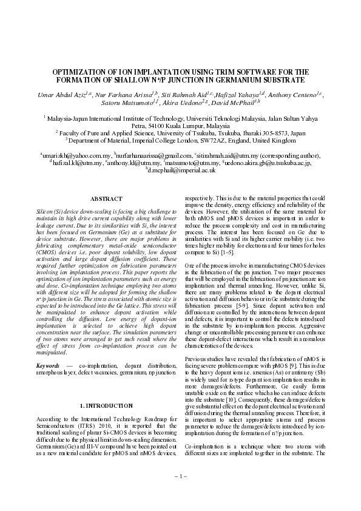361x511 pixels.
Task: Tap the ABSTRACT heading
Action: [106, 199]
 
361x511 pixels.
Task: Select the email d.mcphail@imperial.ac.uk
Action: [180, 171]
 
